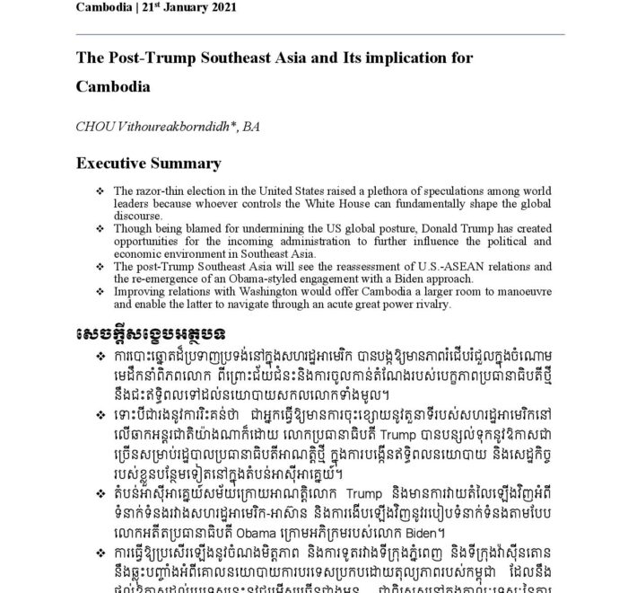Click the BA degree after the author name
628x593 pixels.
251,128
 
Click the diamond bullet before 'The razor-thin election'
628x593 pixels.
100,191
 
